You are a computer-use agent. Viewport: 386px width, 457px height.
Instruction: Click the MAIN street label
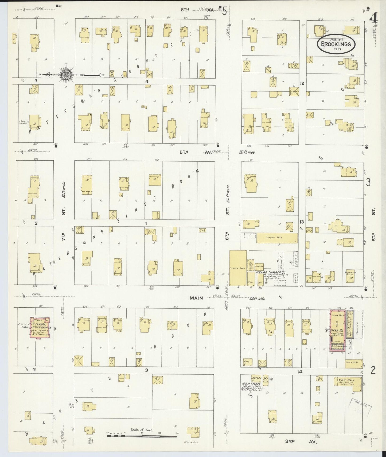(x=197, y=298)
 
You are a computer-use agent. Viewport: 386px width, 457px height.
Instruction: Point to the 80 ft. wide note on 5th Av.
(x=247, y=152)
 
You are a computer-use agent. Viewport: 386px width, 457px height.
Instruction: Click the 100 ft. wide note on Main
(x=257, y=299)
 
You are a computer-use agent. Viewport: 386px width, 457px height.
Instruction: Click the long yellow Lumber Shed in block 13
(x=277, y=238)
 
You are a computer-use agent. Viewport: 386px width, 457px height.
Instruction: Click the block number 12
(x=302, y=83)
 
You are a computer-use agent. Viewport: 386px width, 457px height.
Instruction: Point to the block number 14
(x=299, y=371)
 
